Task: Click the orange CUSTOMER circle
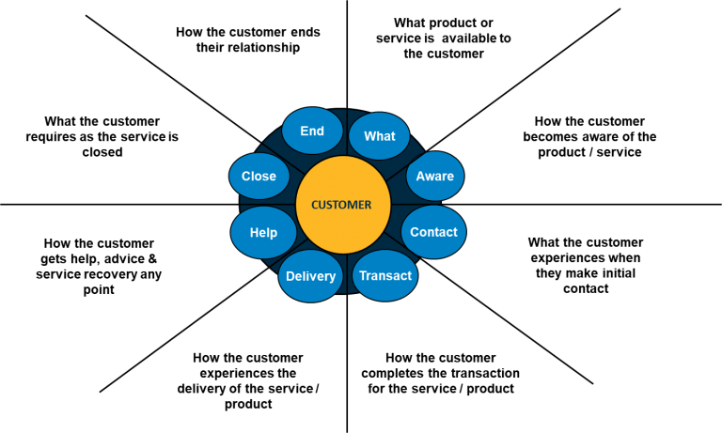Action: click(x=343, y=205)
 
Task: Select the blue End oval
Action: click(x=312, y=131)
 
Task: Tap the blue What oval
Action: click(x=380, y=136)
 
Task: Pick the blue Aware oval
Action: click(x=435, y=176)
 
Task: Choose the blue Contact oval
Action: click(x=433, y=232)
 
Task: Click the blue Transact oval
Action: click(x=385, y=275)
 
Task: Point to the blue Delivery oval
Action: click(x=311, y=276)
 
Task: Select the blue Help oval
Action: click(x=263, y=232)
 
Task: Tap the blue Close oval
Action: click(x=259, y=176)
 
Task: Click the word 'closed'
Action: click(x=102, y=152)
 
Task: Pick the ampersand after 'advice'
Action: click(x=152, y=259)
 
